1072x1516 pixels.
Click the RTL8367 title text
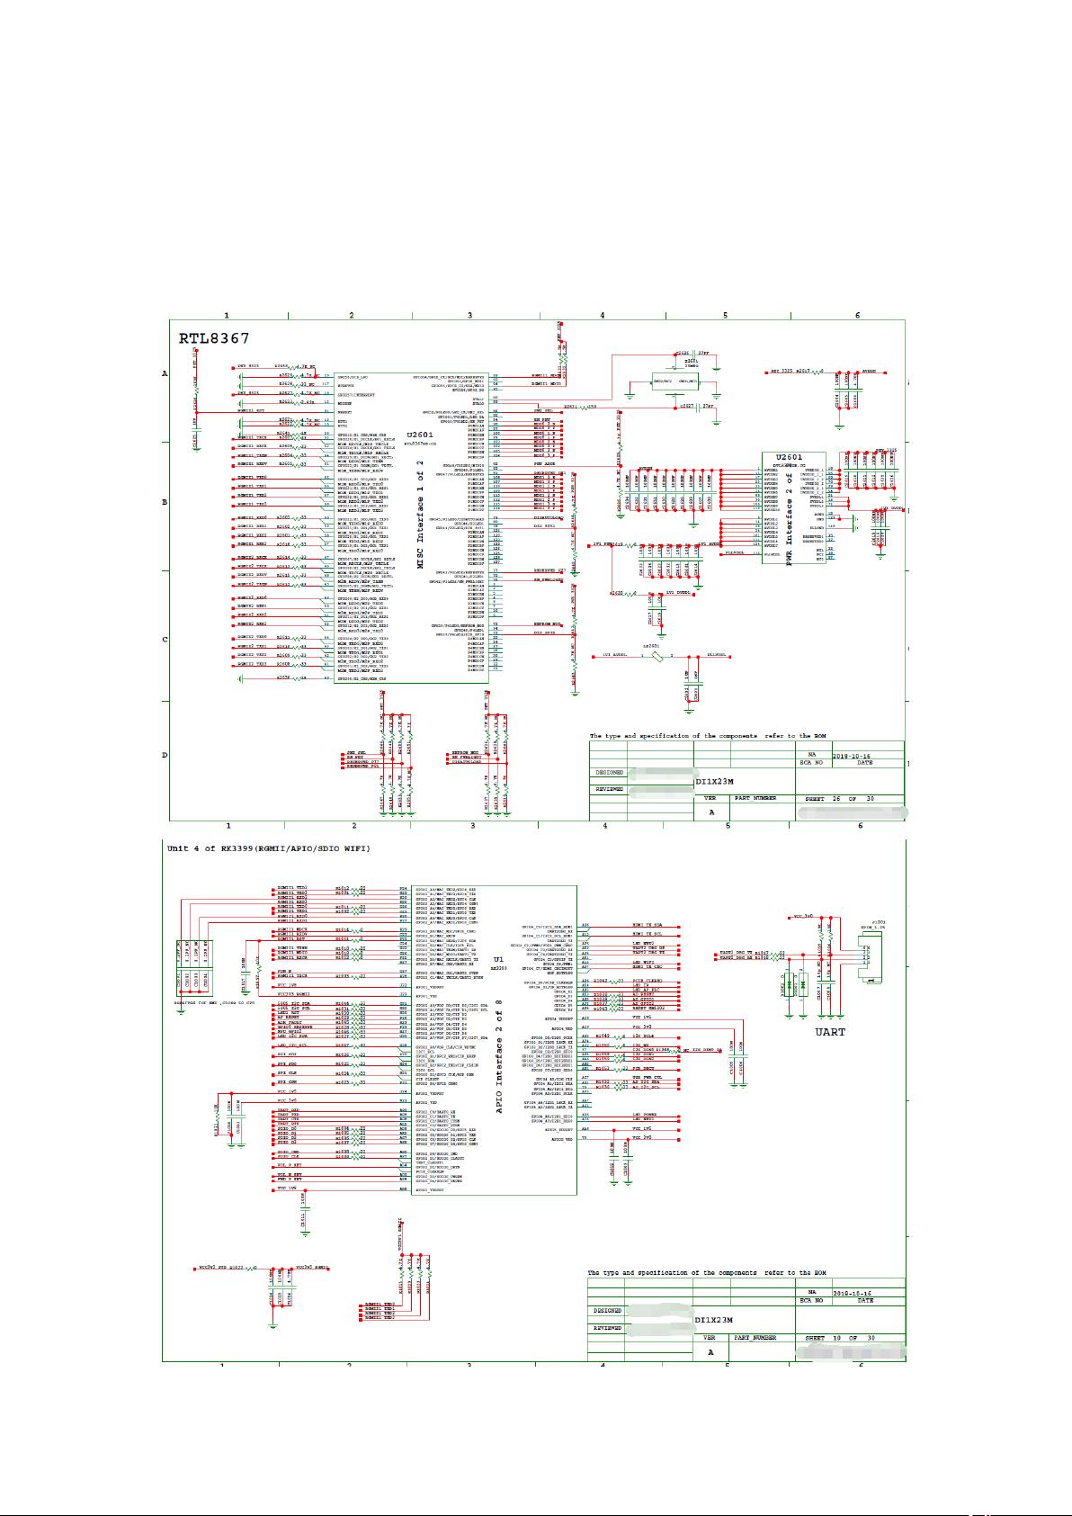click(x=214, y=339)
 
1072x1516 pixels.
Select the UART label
click(x=829, y=1032)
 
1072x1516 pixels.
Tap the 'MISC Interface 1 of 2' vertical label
click(x=420, y=514)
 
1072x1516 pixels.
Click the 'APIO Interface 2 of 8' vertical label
click(x=498, y=1063)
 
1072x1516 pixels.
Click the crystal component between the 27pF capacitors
click(x=682, y=382)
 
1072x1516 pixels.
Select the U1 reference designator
click(x=497, y=959)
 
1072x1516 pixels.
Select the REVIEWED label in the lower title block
click(x=608, y=1328)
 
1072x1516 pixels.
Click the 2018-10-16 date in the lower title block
click(x=853, y=1291)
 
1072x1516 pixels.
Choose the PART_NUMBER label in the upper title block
click(x=755, y=798)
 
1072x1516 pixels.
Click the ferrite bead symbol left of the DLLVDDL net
click(x=657, y=656)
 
